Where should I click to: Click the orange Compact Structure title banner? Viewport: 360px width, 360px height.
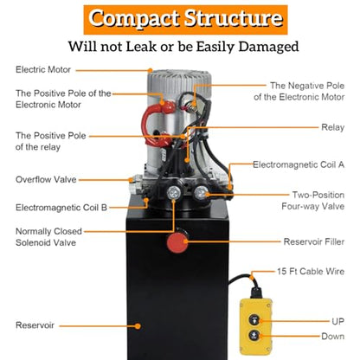click(185, 20)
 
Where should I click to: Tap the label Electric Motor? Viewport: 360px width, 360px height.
click(43, 70)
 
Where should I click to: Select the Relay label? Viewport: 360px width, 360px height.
click(333, 127)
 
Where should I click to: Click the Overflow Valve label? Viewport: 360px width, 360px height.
click(46, 179)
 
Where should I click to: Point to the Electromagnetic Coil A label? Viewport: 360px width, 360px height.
click(299, 164)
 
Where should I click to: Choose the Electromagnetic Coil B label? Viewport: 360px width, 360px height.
click(61, 208)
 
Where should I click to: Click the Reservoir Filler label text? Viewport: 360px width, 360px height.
click(314, 241)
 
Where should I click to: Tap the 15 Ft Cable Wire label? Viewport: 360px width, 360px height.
click(311, 272)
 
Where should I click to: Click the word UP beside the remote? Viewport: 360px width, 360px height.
click(338, 321)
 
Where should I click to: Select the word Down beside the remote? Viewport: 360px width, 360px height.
click(333, 337)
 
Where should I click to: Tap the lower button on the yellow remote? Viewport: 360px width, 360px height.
click(254, 335)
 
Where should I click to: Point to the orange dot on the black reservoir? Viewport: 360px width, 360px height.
click(138, 326)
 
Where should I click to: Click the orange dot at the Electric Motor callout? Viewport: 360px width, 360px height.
click(150, 70)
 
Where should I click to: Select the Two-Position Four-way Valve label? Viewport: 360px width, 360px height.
click(313, 201)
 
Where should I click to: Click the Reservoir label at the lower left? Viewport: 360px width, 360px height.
click(35, 325)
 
